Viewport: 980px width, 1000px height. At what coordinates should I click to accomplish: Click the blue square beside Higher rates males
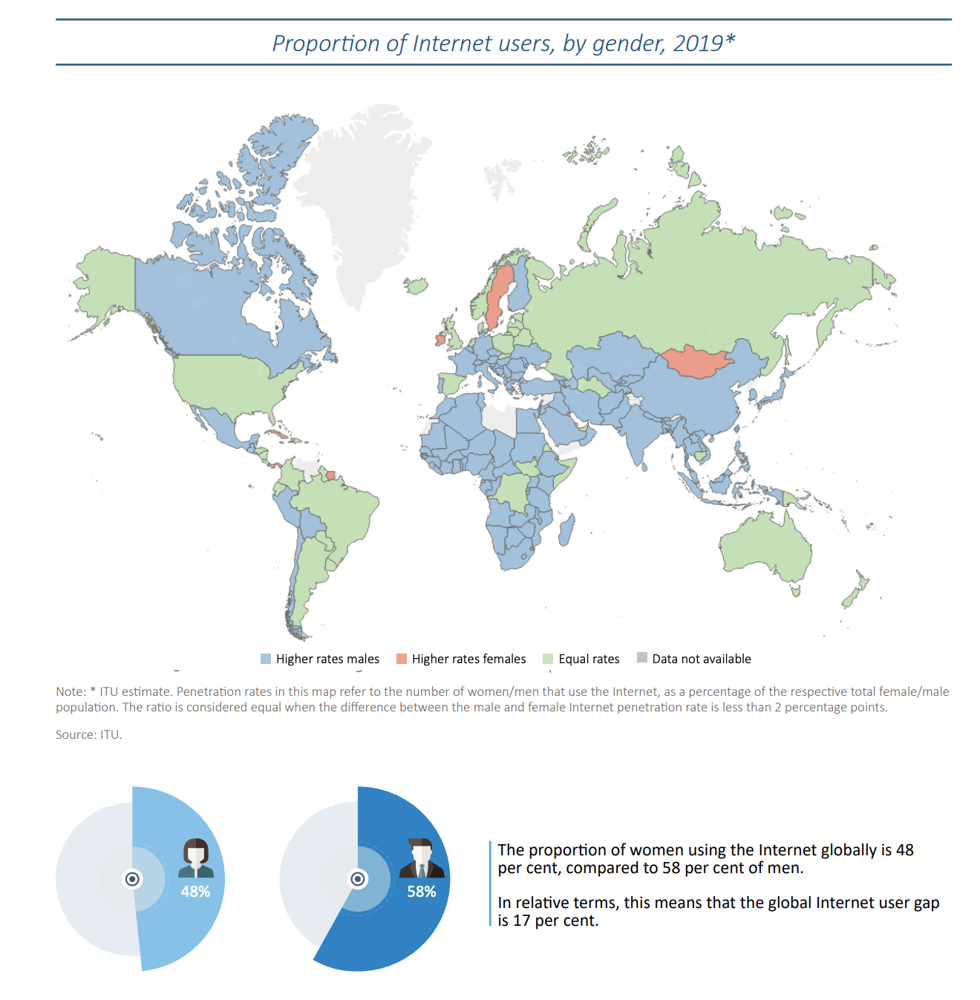pyautogui.click(x=265, y=659)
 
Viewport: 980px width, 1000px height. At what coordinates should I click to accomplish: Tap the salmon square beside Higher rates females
pyautogui.click(x=402, y=659)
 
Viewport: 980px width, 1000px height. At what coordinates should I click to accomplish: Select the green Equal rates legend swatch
pyautogui.click(x=547, y=659)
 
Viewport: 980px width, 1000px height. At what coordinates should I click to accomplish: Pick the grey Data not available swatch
pyautogui.click(x=642, y=657)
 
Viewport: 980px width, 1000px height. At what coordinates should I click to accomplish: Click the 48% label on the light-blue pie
pyautogui.click(x=195, y=892)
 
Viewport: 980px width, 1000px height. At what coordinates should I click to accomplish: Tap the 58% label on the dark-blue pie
pyautogui.click(x=421, y=892)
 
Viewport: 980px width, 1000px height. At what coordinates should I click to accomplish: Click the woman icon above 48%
pyautogui.click(x=196, y=858)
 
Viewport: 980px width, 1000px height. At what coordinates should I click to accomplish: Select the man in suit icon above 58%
pyautogui.click(x=421, y=858)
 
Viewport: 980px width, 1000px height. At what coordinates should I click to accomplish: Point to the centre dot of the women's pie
pyautogui.click(x=132, y=879)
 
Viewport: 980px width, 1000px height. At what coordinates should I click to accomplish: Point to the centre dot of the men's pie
pyautogui.click(x=358, y=879)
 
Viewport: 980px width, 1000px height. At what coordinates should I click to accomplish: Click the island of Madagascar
pyautogui.click(x=567, y=530)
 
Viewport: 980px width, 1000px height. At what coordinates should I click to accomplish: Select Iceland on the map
pyautogui.click(x=416, y=285)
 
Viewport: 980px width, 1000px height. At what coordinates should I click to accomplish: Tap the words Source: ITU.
pyautogui.click(x=89, y=734)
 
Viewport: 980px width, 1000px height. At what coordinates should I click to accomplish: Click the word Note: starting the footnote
pyautogui.click(x=71, y=691)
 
